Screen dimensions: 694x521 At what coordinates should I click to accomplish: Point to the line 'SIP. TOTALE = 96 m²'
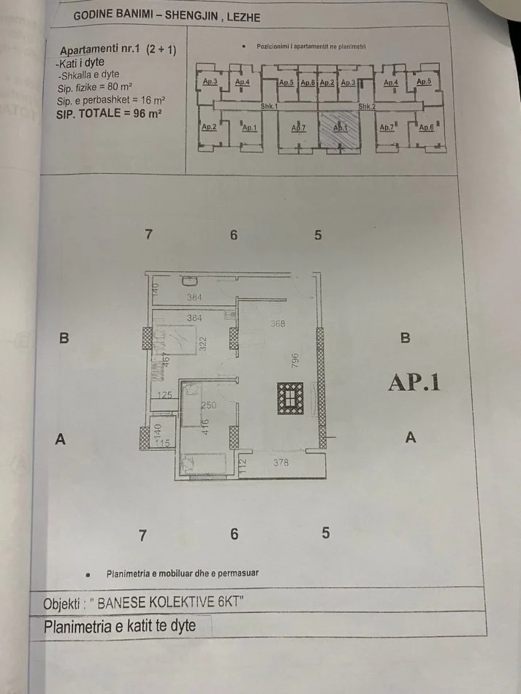[109, 115]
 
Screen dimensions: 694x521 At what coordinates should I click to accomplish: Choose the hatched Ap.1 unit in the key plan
[341, 129]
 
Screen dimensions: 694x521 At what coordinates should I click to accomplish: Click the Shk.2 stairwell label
[366, 107]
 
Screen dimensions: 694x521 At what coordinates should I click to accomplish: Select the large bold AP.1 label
[414, 383]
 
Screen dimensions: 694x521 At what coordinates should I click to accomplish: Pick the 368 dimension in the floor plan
[277, 324]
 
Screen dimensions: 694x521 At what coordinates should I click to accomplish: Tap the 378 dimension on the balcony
[281, 462]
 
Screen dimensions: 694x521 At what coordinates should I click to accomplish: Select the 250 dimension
[208, 406]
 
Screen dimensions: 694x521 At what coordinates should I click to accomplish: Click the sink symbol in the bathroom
[189, 281]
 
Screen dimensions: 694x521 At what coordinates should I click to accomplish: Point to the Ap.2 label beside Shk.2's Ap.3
[327, 83]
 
